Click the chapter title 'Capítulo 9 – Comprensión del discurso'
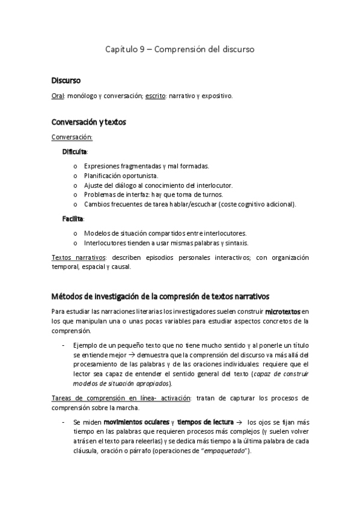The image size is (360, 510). tap(180, 50)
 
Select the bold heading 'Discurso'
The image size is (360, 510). tap(65, 81)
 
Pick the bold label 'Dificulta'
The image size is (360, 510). tap(75, 151)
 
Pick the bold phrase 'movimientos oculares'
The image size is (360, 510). tap(135, 422)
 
